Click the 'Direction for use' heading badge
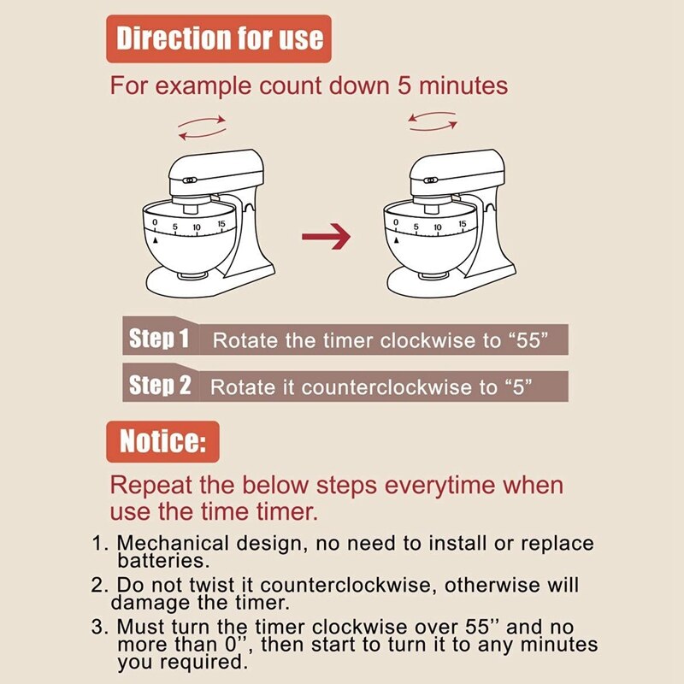(219, 38)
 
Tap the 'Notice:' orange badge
(162, 442)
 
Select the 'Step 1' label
(159, 339)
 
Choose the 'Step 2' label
(160, 386)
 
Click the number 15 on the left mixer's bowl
(221, 225)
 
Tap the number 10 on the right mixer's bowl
(439, 227)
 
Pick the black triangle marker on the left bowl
(156, 241)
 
